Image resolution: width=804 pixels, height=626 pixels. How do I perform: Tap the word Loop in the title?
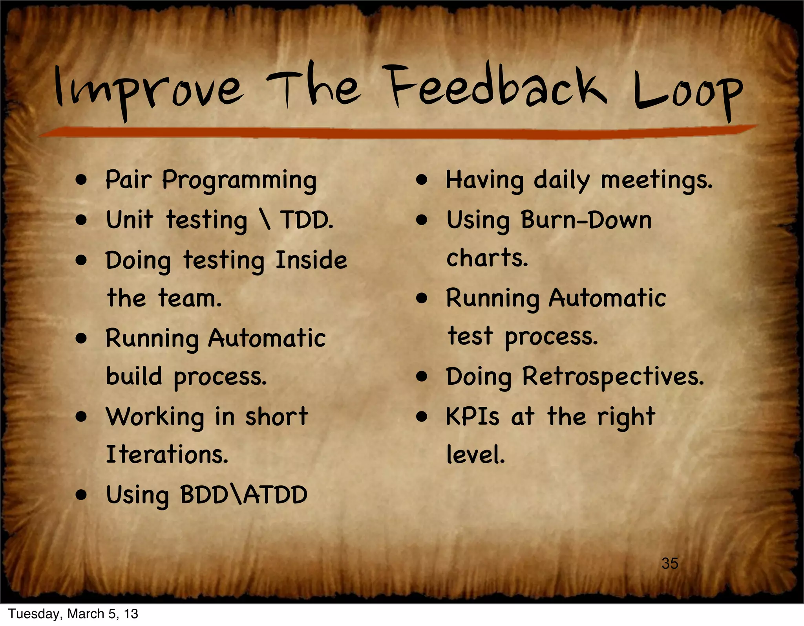(688, 94)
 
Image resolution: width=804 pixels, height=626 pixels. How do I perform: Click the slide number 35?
(670, 564)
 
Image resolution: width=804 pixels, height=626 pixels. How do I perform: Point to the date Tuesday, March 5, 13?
(73, 614)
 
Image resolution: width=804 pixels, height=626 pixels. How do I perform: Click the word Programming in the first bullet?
(239, 181)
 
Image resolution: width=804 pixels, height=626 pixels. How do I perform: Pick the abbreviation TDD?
(306, 220)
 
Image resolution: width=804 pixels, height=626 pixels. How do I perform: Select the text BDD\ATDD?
(244, 495)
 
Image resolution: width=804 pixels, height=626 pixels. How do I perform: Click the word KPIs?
(473, 417)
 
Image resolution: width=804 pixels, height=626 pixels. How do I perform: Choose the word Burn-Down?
(586, 220)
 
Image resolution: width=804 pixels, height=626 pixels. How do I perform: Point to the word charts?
(487, 259)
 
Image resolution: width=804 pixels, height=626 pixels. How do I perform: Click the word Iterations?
(167, 455)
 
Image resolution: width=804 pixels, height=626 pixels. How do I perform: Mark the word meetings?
(656, 181)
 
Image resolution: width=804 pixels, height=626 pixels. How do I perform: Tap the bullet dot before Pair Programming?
(81, 180)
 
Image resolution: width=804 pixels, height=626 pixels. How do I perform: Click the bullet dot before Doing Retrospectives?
(422, 377)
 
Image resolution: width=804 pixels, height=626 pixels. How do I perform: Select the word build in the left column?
(134, 376)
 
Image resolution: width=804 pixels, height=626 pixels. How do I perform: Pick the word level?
(475, 455)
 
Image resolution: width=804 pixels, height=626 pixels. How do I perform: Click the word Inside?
(311, 260)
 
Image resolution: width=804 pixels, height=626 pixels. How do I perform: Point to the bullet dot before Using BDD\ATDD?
(81, 495)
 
